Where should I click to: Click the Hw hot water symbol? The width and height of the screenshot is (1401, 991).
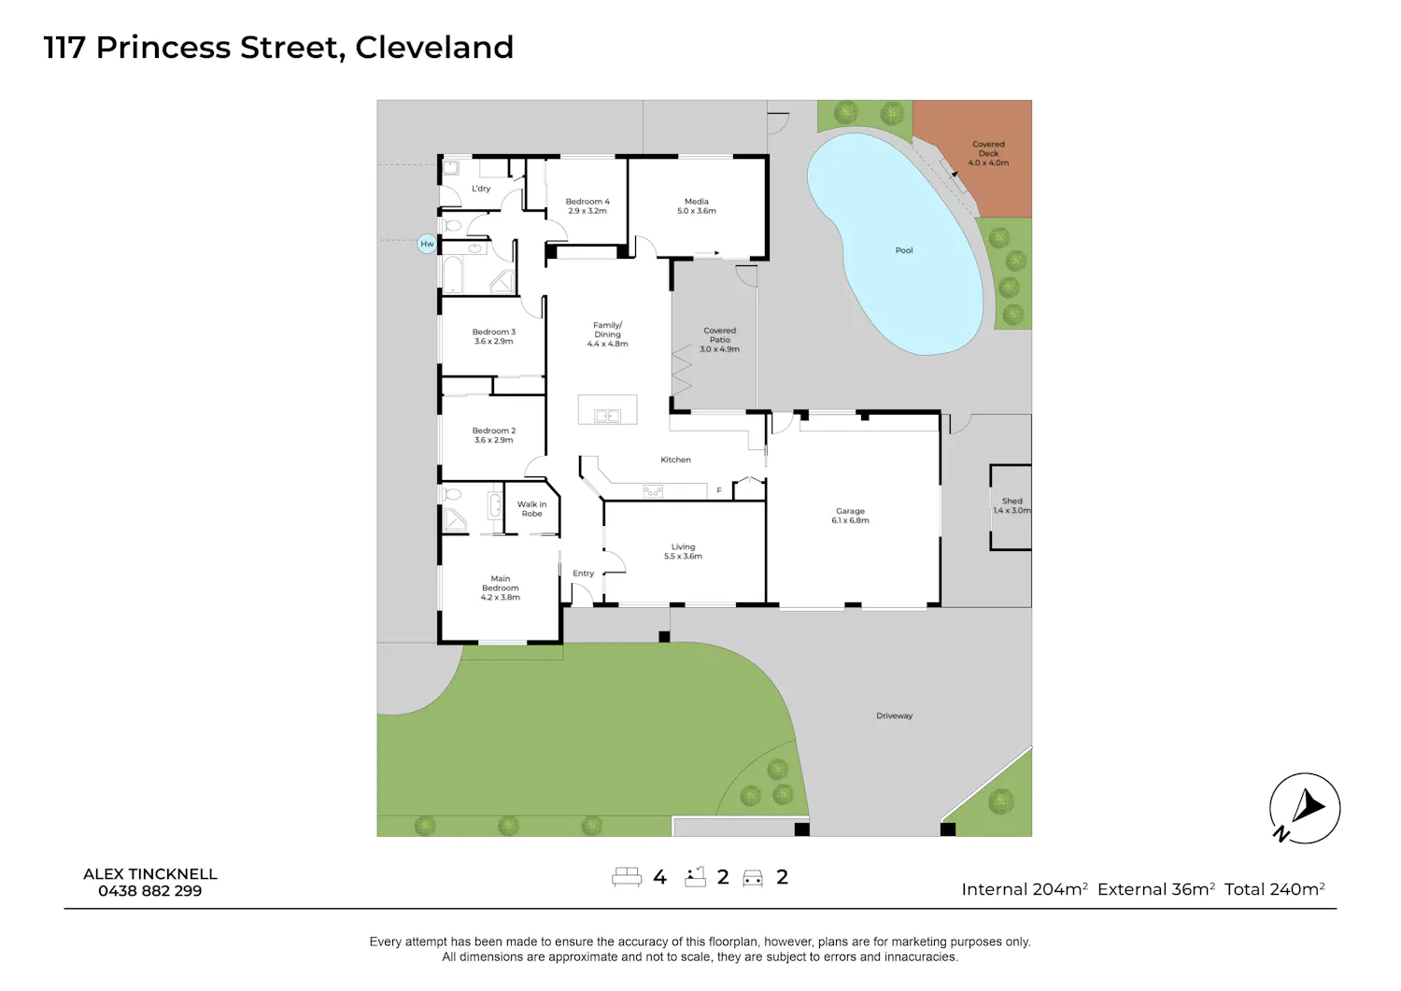pos(427,244)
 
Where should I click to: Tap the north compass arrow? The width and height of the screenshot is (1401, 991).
pos(1308,806)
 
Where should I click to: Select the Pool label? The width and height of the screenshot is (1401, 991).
pos(904,250)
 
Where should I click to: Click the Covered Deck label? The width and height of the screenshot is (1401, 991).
pos(988,153)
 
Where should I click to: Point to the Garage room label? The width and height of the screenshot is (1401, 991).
pos(850,516)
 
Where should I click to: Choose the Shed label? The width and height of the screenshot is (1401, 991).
pos(1012,505)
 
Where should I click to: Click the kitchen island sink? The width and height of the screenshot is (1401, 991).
pos(607,416)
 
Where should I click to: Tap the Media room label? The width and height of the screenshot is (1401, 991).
pos(696,205)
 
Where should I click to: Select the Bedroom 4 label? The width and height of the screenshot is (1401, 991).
pos(587,205)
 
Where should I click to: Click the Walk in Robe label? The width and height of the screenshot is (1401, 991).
pos(531,509)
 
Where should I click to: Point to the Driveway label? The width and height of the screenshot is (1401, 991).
pos(895,715)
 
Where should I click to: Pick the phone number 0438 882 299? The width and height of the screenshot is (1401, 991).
pos(150,891)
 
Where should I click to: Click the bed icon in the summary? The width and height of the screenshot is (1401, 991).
pos(627,876)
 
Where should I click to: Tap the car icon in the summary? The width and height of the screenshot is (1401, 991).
pos(753,878)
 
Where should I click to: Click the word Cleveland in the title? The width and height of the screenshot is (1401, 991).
pos(434,48)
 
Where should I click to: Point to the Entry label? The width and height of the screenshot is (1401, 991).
pos(583,573)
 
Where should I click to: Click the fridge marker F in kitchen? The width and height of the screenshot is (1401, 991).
pos(719,490)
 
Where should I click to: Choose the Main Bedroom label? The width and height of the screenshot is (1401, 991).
pos(501,588)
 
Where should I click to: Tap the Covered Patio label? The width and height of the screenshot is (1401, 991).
pos(719,340)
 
